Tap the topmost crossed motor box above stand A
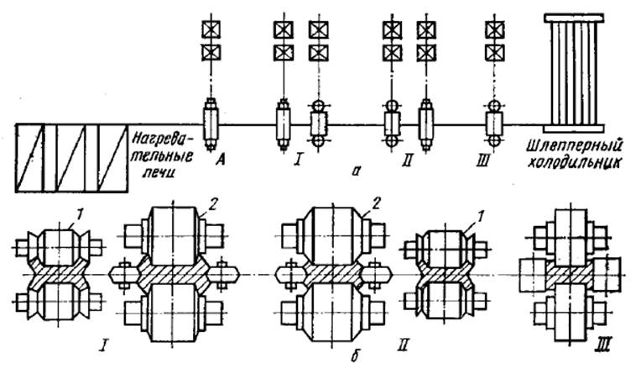pos(210,29)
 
